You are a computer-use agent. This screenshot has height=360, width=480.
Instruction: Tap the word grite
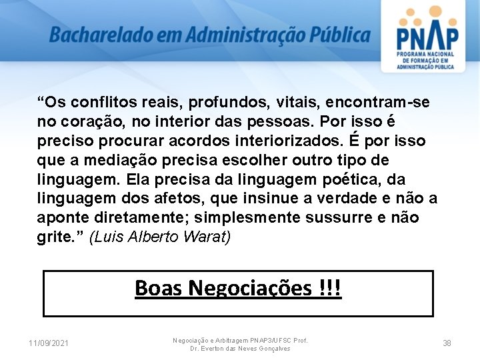53,238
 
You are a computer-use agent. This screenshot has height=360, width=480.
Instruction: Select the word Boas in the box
159,288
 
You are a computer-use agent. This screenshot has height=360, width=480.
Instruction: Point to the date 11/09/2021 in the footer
49,343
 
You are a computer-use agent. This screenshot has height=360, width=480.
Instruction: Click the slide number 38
447,343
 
